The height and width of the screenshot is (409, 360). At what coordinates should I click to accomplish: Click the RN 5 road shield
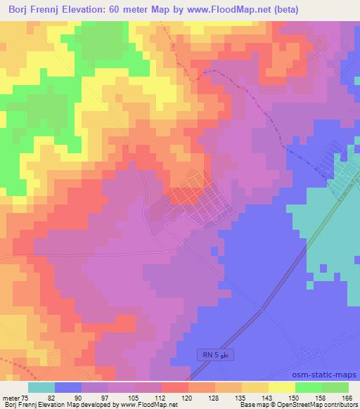[214, 357]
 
